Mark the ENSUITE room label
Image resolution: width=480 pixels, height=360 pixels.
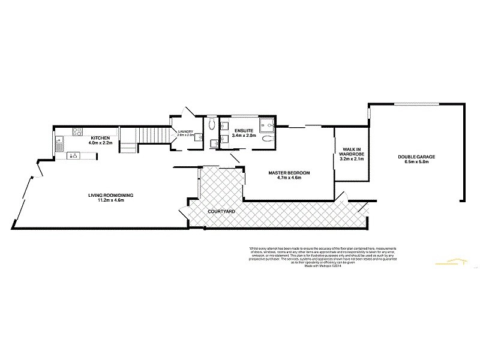pos(244,130)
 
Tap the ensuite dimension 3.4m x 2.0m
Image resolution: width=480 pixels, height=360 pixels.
pos(244,136)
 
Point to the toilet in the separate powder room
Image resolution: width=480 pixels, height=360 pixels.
pos(212,125)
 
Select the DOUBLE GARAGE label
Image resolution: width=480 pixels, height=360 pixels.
pos(416,157)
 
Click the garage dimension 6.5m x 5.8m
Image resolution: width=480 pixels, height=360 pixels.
pos(416,163)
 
